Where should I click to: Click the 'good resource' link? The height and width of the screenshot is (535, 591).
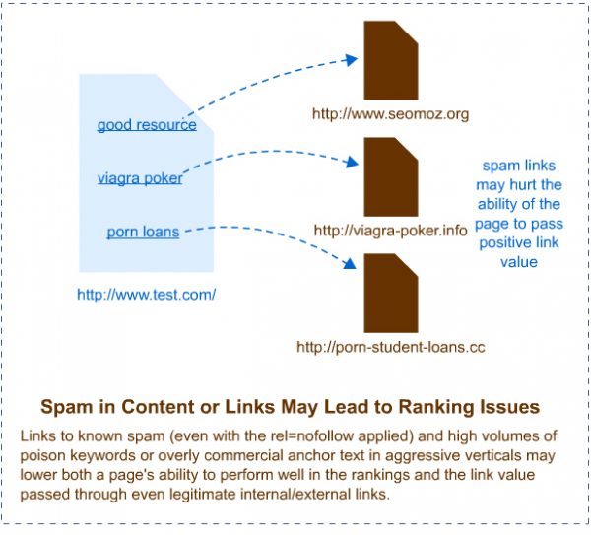point(147,126)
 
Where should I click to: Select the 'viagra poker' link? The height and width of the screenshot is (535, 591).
point(140,178)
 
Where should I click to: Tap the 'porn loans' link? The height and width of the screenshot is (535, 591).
point(143,233)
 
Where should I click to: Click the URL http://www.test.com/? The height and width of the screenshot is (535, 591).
point(146,294)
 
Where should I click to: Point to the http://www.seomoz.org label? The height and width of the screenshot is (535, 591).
point(390,114)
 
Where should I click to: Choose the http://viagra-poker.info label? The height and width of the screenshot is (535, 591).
point(390,231)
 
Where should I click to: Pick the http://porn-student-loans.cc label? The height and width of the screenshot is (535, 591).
point(391,347)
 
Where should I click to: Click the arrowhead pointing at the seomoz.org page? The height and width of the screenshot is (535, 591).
point(351,60)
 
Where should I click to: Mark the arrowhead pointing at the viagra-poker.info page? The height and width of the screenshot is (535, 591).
point(351,162)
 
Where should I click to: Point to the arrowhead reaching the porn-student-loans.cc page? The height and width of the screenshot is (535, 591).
point(350,265)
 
